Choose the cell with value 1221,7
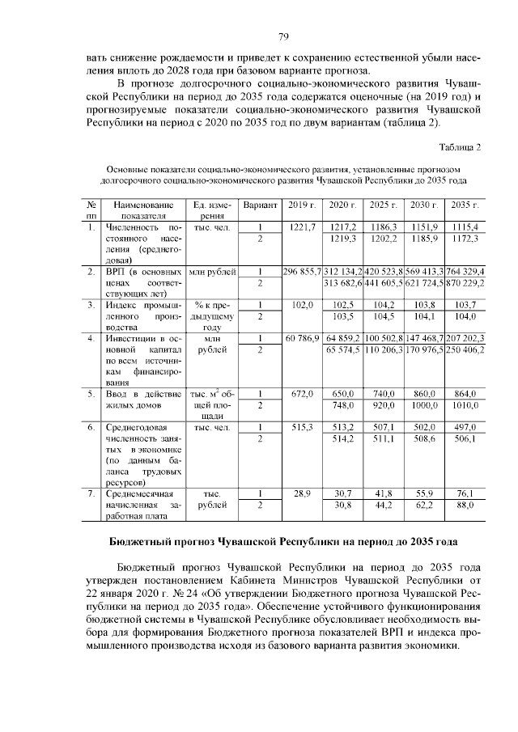301,227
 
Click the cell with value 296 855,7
301,271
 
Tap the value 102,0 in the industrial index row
301,305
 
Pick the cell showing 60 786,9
301,338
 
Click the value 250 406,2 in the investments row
465,349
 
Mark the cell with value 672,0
301,393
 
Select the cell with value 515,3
301,426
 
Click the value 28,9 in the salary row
301,493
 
